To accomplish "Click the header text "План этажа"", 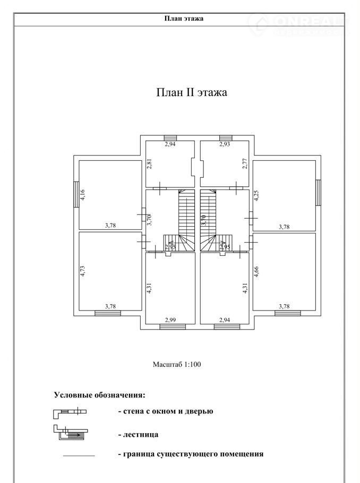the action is click(x=184, y=19).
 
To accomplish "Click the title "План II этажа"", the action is click(x=192, y=92).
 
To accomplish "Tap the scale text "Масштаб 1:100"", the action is click(x=177, y=365).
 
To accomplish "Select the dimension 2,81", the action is click(x=150, y=163).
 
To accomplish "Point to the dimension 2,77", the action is click(x=245, y=163).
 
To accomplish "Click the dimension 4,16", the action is click(x=82, y=195).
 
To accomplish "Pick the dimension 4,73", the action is click(x=82, y=271).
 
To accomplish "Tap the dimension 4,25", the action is click(x=256, y=196).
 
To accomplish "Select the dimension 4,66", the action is click(x=256, y=272).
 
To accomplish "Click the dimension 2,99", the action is click(x=170, y=320).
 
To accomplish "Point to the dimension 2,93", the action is click(x=225, y=144).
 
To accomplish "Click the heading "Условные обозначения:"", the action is click(x=99, y=395).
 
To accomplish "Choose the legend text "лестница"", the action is click(x=141, y=435).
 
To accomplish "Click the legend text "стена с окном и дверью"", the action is click(x=168, y=411).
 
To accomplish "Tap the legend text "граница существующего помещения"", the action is click(x=193, y=454).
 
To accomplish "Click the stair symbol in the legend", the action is click(x=71, y=433).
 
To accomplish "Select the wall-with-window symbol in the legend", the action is click(x=70, y=412).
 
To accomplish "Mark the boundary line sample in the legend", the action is click(x=79, y=455).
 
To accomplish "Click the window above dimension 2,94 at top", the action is click(x=170, y=137).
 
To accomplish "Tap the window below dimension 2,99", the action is click(x=173, y=327).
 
